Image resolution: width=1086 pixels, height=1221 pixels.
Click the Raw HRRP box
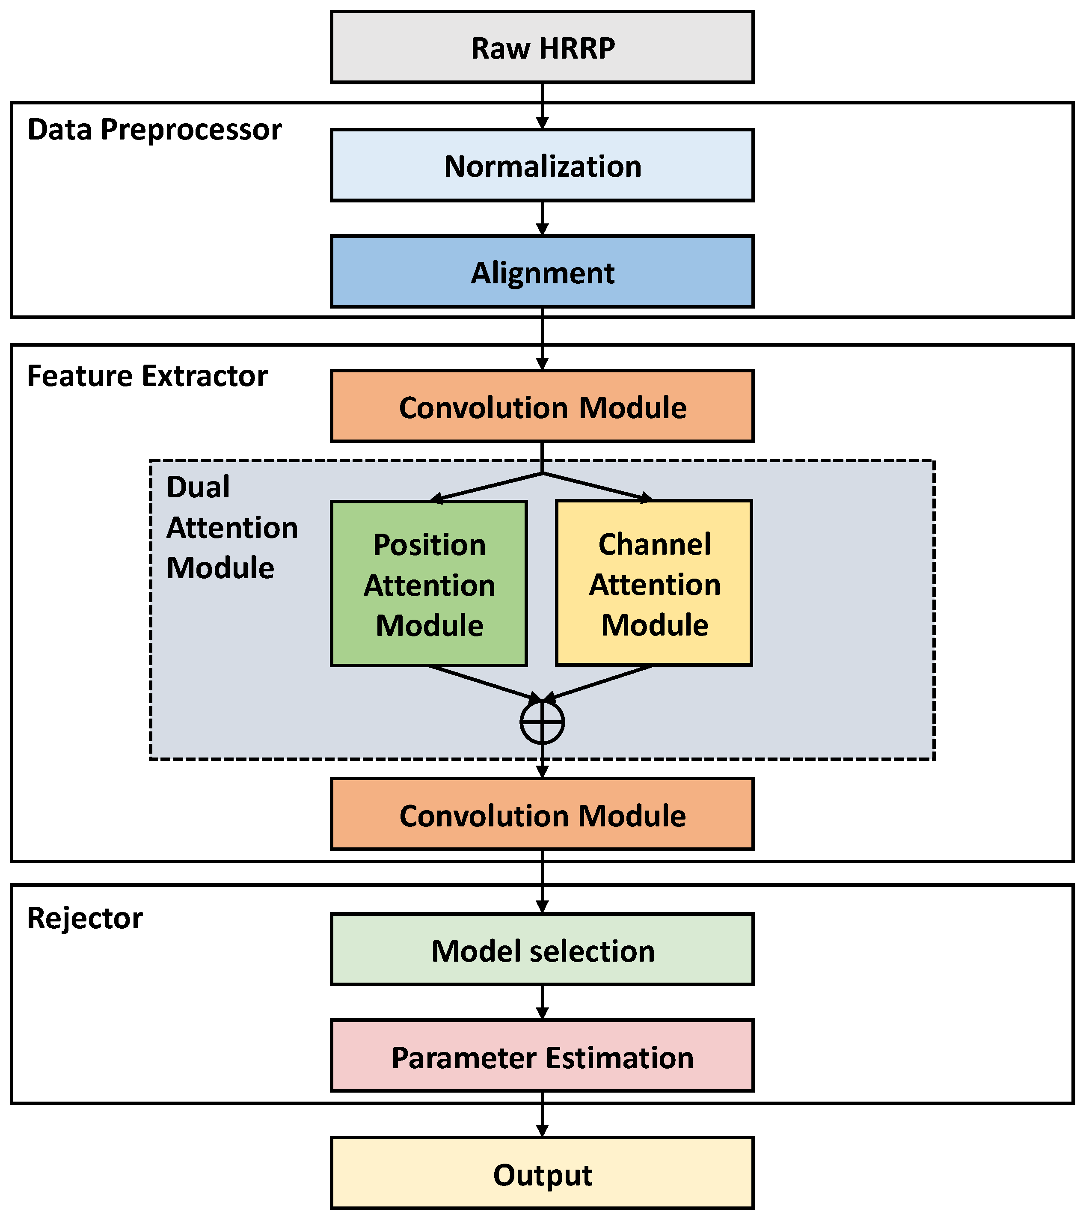click(x=542, y=47)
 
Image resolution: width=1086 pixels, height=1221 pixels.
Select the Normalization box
click(x=542, y=166)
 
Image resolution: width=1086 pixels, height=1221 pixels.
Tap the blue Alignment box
click(x=542, y=272)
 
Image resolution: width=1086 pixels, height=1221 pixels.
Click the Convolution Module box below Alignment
click(x=542, y=407)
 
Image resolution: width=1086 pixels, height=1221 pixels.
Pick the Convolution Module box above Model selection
click(x=542, y=815)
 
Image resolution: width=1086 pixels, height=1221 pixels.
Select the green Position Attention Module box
click(x=429, y=584)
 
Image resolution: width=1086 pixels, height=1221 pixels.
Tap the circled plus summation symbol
click(x=542, y=722)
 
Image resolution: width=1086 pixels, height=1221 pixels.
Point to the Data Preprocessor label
click(x=154, y=130)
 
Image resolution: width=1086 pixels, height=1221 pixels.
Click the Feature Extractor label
click(x=147, y=376)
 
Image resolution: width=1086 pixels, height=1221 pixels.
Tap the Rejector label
click(x=85, y=918)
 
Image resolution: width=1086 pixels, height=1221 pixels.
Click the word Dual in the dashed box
click(x=198, y=487)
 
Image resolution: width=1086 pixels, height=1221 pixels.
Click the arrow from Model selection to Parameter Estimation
click(x=542, y=1002)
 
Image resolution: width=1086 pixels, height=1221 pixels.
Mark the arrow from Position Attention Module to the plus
click(x=484, y=683)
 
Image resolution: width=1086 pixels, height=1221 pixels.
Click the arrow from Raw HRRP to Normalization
click(x=542, y=106)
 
